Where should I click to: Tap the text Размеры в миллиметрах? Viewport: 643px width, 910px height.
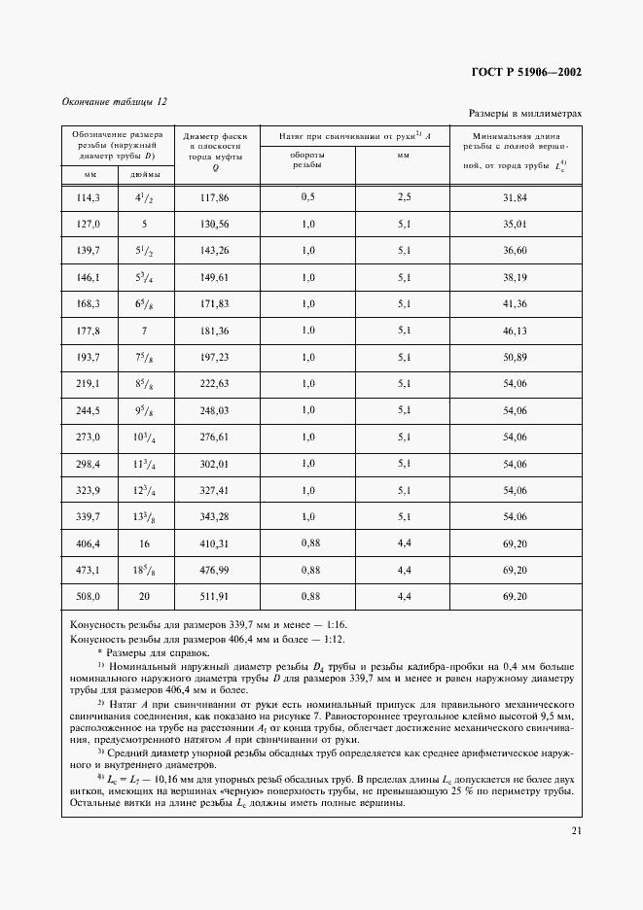(526, 114)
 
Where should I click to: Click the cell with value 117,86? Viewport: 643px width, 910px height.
(214, 197)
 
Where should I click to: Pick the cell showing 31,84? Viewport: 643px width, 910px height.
(515, 197)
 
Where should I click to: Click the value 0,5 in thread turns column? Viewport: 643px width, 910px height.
(307, 197)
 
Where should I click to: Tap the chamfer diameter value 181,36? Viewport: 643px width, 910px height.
(214, 332)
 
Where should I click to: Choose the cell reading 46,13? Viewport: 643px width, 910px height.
(515, 332)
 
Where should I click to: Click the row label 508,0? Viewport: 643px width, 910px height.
(89, 595)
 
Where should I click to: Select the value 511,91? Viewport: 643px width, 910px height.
(214, 595)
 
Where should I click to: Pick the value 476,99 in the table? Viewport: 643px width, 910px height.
(214, 569)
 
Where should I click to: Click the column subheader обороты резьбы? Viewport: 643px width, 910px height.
(307, 159)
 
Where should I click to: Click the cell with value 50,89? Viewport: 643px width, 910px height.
(515, 358)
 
